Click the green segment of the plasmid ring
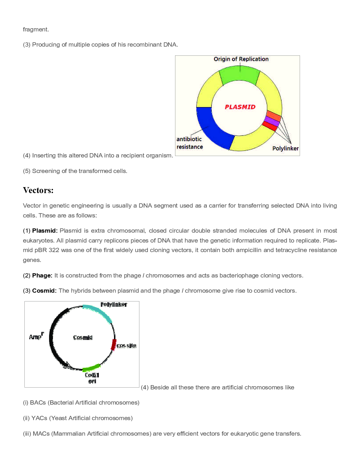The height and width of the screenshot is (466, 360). point(239,75)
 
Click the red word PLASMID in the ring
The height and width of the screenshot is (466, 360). point(240,107)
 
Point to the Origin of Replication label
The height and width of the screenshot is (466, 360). point(241,59)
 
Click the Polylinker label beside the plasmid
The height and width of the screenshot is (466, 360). point(285,148)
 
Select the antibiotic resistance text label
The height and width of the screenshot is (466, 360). point(190,143)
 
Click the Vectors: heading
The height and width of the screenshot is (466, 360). point(38,190)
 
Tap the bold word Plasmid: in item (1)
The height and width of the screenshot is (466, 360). point(44,231)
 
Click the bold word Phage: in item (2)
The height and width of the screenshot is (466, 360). point(42,275)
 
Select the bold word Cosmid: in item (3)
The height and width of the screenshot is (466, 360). point(44,291)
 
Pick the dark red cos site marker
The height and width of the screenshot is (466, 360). point(114,344)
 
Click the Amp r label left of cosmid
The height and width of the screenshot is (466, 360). point(36,336)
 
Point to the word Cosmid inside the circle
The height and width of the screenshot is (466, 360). point(83,337)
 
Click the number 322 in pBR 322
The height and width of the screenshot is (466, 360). point(54,250)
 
